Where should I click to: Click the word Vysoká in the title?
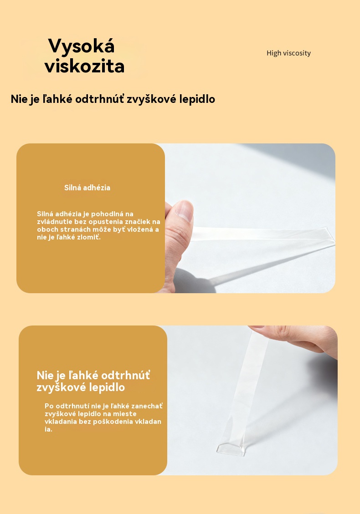click(x=82, y=46)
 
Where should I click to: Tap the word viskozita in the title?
click(x=85, y=66)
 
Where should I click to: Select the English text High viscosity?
click(x=288, y=53)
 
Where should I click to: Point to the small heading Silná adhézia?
click(x=87, y=188)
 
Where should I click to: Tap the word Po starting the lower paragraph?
click(x=49, y=406)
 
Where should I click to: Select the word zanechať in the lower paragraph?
click(x=147, y=406)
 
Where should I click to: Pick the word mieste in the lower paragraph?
click(x=124, y=414)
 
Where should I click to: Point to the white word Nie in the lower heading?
click(x=45, y=375)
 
